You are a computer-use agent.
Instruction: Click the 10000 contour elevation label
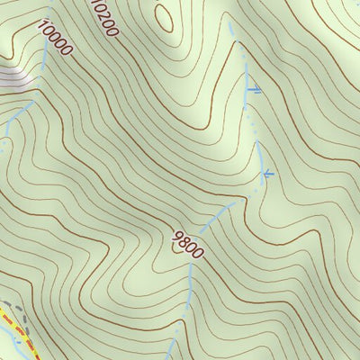[x=55, y=38]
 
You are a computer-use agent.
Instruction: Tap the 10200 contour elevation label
[x=105, y=18]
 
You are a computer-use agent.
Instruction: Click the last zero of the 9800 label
[x=198, y=253]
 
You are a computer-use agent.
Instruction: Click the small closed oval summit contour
[x=163, y=15]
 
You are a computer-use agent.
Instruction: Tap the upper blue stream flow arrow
[x=254, y=89]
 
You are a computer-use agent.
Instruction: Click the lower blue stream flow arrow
[x=267, y=173]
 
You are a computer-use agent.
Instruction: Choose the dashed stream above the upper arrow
[x=241, y=54]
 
